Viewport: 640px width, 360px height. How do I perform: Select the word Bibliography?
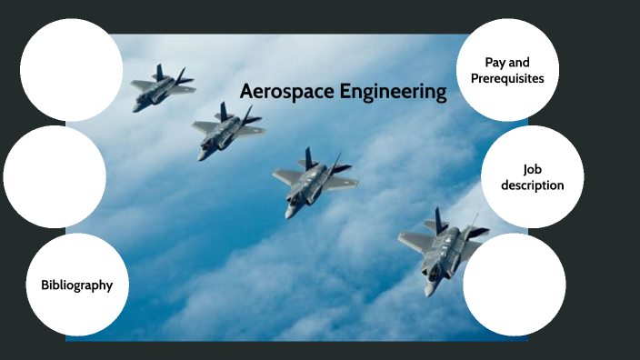(76, 285)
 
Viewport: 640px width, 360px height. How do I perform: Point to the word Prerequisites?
(507, 78)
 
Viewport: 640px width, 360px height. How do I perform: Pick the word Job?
(532, 169)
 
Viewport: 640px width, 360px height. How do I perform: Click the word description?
(533, 185)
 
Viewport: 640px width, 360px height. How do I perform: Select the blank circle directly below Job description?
(514, 285)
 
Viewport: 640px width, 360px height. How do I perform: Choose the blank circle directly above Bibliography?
(55, 176)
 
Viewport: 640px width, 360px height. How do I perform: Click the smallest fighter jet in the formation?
(161, 88)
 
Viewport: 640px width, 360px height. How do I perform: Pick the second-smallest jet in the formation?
(225, 127)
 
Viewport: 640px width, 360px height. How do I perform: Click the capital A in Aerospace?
(246, 92)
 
